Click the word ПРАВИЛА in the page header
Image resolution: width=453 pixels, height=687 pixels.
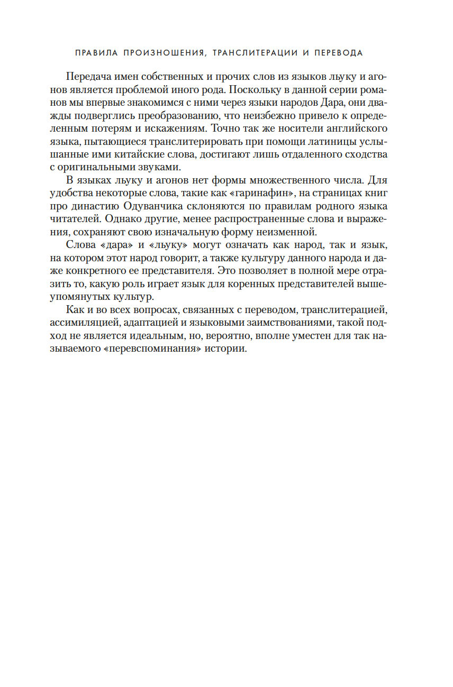pos(96,53)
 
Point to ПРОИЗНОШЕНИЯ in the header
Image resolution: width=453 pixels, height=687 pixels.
pos(159,53)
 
